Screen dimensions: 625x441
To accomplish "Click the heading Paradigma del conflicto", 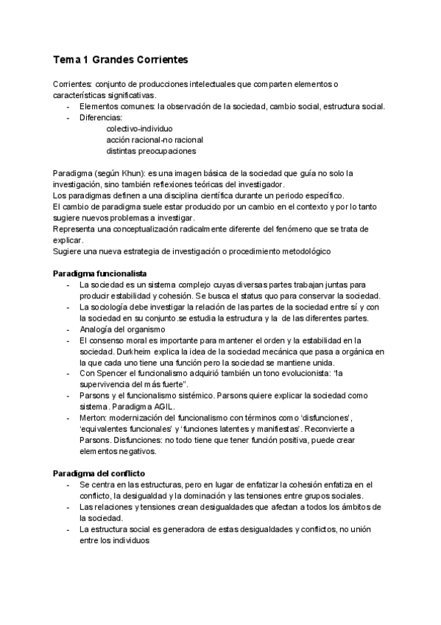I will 99,472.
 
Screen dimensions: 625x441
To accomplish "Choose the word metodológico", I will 303,251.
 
